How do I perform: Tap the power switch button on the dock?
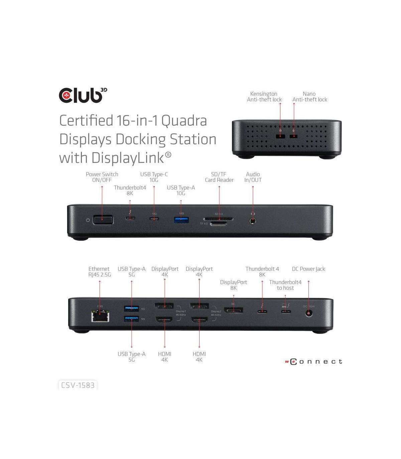103,220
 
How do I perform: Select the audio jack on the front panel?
253,220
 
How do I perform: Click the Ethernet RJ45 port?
100,315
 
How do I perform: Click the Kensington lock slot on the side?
280,136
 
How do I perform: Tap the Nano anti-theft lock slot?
294,136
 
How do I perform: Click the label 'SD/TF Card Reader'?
219,177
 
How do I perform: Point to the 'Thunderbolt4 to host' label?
285,285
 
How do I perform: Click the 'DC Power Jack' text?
308,269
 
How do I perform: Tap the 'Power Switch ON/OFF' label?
102,177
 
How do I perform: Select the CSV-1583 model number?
78,385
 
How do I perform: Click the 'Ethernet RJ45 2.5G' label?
99,272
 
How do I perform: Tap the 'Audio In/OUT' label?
253,177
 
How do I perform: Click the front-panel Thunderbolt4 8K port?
130,219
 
